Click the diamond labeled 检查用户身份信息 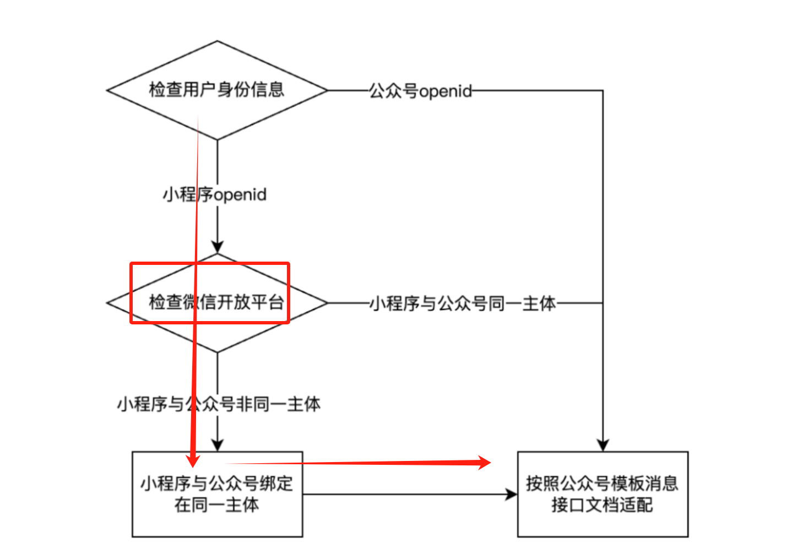point(217,90)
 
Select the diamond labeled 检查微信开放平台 point(217,302)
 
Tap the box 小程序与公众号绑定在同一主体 point(217,494)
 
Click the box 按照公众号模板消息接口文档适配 point(603,494)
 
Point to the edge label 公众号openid point(420,91)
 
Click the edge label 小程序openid point(214,194)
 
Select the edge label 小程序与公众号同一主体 point(463,303)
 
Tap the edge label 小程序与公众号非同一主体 point(218,404)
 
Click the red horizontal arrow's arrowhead point(485,463)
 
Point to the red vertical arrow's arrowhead point(193,459)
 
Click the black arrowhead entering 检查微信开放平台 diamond point(218,247)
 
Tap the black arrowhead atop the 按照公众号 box point(603,445)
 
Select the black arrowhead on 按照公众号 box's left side point(512,494)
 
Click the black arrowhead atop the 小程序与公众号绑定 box point(218,445)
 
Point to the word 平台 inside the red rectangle point(267,302)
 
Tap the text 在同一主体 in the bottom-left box point(217,504)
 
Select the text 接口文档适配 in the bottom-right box point(603,504)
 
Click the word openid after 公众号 point(446,91)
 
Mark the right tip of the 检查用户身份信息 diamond point(327,90)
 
